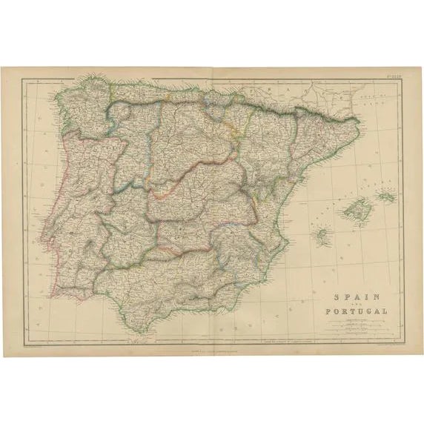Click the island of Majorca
pos(354,210)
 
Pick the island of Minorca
pos(385,196)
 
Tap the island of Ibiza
pos(322,236)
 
